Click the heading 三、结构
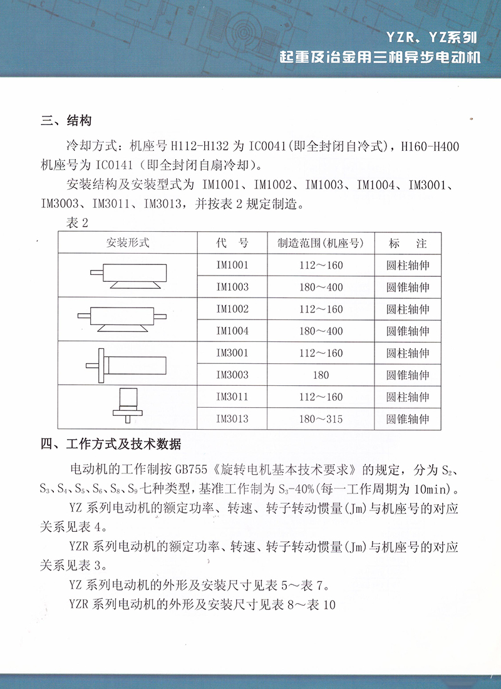pos(66,121)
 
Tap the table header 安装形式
pos(128,242)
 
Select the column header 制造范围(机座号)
pos(321,242)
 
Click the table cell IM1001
pos(232,265)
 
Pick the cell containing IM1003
pos(232,287)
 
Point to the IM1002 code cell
pos(232,309)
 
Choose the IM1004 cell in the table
pos(232,331)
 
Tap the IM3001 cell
pos(232,353)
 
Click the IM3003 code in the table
pos(232,375)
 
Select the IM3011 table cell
pos(232,396)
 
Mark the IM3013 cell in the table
pos(232,419)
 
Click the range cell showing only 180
pos(321,375)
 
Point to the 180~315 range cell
pos(321,419)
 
